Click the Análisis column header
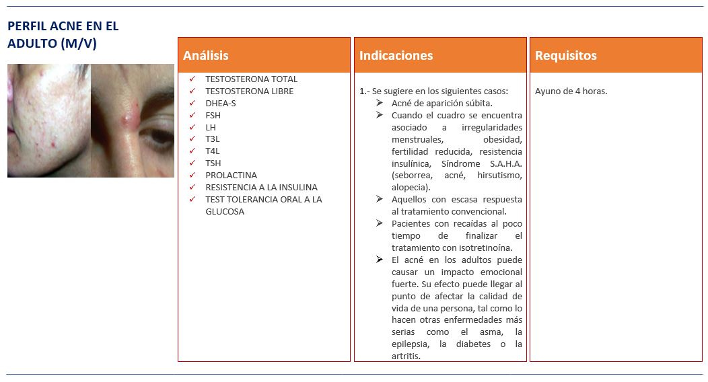pyautogui.click(x=206, y=56)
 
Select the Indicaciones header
pyautogui.click(x=396, y=56)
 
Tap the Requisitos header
pyautogui.click(x=565, y=56)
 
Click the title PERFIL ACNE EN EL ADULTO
pyautogui.click(x=63, y=35)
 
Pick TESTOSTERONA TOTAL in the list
pyautogui.click(x=251, y=79)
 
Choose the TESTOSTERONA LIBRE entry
pyautogui.click(x=249, y=91)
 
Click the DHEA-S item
pyautogui.click(x=220, y=104)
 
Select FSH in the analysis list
pyautogui.click(x=213, y=116)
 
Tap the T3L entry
pyautogui.click(x=213, y=139)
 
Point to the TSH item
pyautogui.click(x=213, y=163)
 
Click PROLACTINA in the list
pyautogui.click(x=231, y=176)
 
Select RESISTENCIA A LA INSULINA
pyautogui.click(x=261, y=188)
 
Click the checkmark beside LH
pyautogui.click(x=192, y=127)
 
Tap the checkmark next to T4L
pyautogui.click(x=192, y=151)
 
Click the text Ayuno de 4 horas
pyautogui.click(x=571, y=91)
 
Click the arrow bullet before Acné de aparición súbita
pyautogui.click(x=380, y=103)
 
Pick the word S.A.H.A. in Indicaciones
pyautogui.click(x=504, y=163)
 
